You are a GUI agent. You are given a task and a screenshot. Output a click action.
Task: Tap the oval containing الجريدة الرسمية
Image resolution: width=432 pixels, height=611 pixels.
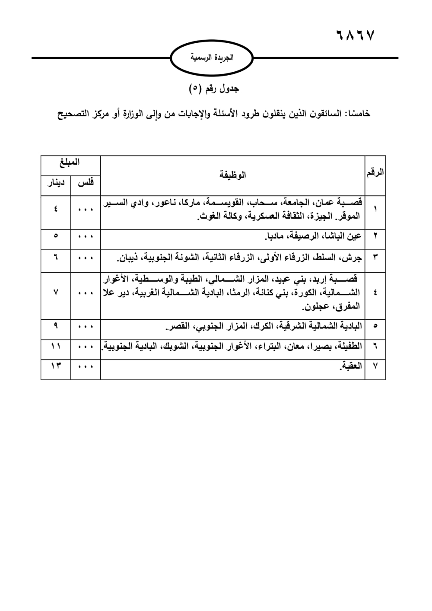coord(212,58)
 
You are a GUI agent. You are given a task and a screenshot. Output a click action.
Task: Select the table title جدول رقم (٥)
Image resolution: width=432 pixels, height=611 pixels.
coord(214,89)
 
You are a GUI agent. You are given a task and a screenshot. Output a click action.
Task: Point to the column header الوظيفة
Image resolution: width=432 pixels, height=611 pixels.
coord(232,175)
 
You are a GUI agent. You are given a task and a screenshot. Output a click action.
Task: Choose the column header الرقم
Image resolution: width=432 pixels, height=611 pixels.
coord(375,172)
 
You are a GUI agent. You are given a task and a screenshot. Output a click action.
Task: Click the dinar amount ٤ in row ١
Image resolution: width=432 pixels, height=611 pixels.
coord(56,209)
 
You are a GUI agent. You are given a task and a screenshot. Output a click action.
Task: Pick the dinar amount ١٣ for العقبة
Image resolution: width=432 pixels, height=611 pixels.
coord(56,366)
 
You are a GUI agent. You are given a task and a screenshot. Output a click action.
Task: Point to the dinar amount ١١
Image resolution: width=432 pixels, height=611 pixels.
coord(56,346)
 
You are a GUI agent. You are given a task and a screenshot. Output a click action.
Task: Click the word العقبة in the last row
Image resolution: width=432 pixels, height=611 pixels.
coord(351,366)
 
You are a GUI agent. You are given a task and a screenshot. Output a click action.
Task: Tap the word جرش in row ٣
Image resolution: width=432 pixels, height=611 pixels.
coord(354,258)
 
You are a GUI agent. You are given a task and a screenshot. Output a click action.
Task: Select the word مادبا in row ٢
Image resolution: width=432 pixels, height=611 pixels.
coord(273,236)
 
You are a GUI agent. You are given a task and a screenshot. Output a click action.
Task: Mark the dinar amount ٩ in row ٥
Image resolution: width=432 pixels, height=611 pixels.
coord(56,325)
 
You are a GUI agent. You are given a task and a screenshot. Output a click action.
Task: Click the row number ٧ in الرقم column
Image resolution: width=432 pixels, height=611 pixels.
coord(375,366)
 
